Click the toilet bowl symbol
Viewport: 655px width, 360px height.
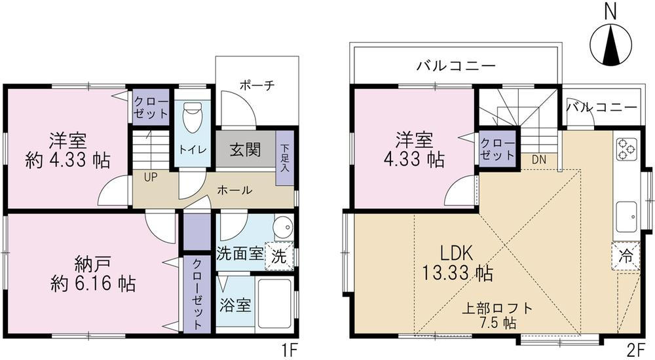coord(192,118)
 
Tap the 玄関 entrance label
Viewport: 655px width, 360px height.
coord(245,149)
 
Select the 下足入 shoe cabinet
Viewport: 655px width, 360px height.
coord(285,158)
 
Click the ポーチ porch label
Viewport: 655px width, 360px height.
coord(257,86)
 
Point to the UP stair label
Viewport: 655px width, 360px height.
coord(151,177)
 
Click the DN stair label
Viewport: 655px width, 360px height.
coord(539,159)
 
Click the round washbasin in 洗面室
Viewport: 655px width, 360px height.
coord(283,226)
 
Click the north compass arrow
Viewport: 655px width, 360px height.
coord(610,44)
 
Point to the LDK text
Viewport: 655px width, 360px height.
coord(456,253)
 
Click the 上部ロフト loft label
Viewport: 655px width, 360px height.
coord(497,309)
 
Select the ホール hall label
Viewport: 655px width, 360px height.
coord(234,190)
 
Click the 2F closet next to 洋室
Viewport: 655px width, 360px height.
coord(497,149)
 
